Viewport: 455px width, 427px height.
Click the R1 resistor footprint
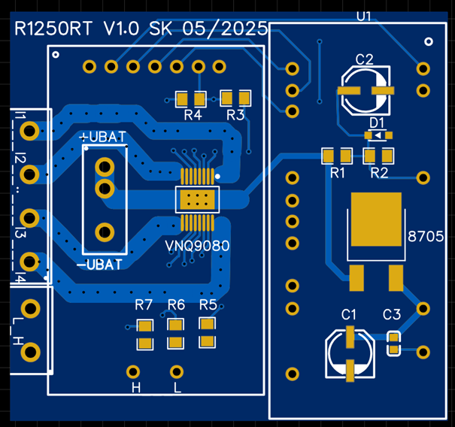(x=337, y=156)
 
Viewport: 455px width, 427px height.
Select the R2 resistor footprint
(x=378, y=156)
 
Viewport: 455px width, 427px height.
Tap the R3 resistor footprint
(x=235, y=98)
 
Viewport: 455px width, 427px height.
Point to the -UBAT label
(x=100, y=265)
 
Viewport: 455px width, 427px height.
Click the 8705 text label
(x=425, y=236)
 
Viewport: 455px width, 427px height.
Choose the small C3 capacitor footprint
(x=393, y=343)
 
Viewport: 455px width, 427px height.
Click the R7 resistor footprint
(x=144, y=335)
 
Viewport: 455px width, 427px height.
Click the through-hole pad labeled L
(x=177, y=371)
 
